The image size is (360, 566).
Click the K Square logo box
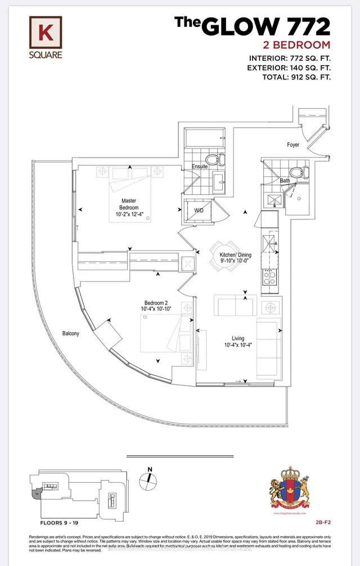coord(46,32)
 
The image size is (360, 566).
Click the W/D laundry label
coord(199,211)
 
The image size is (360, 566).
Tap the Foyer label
coord(293,145)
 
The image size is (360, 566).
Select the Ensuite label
coord(199,167)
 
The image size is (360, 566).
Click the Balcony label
coord(70,333)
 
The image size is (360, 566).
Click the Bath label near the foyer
coord(286,181)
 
